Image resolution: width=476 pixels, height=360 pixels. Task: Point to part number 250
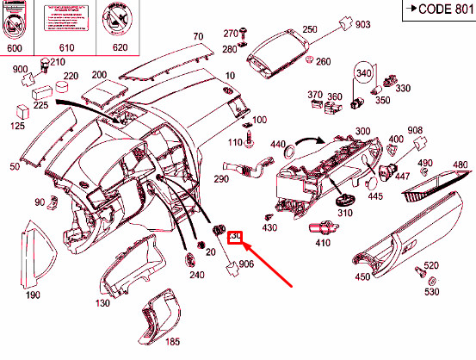(309, 29)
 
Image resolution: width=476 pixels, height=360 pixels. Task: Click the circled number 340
(363, 73)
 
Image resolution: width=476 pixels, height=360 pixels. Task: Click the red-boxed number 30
(237, 237)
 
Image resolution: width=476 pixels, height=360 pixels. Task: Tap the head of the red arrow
(246, 248)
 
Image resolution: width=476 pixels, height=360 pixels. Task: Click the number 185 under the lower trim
(173, 342)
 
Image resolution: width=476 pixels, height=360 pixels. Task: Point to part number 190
(33, 295)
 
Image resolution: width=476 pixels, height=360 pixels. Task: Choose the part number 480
(460, 165)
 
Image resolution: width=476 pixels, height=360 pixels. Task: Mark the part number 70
(197, 36)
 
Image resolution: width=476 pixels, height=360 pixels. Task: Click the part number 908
(415, 130)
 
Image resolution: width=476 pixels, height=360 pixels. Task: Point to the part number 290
(221, 179)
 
